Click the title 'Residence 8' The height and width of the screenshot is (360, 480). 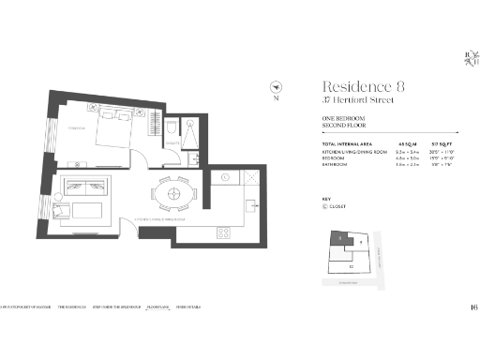363,86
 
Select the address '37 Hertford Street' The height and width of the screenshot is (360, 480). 352,100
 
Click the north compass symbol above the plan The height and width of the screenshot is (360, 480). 276,82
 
